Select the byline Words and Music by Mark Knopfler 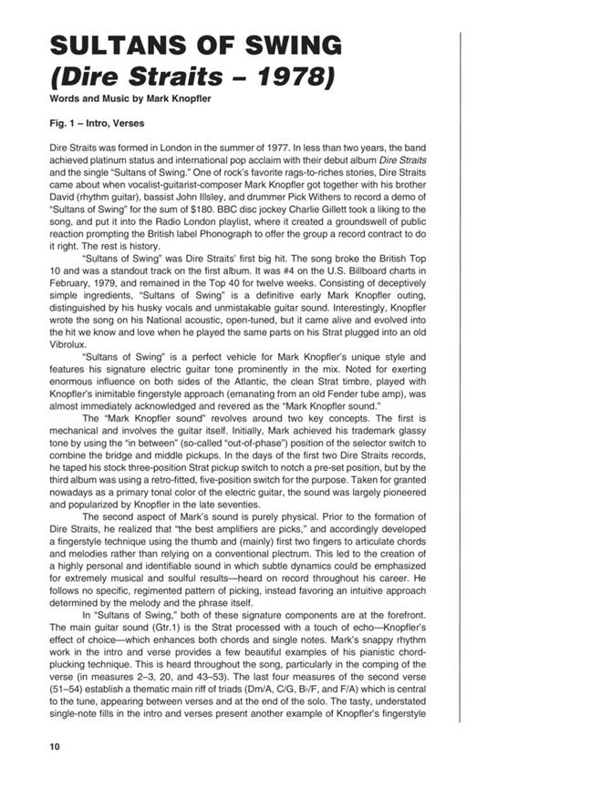[131, 98]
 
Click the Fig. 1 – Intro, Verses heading [97, 124]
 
